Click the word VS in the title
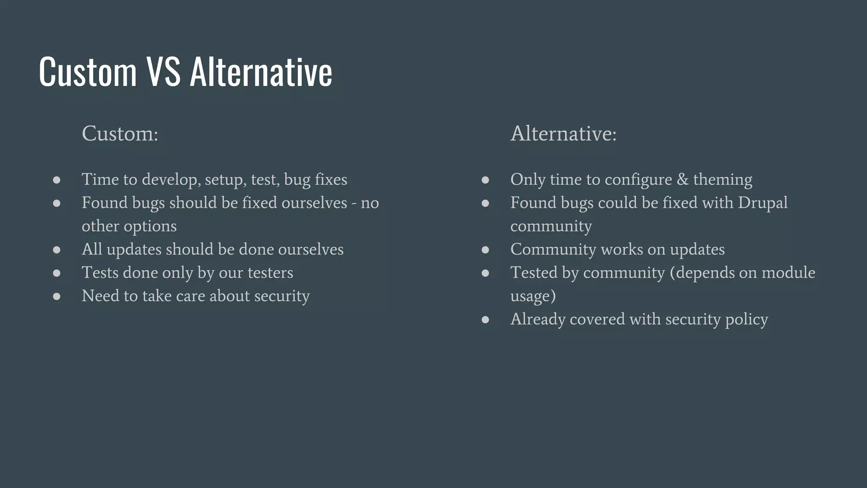click(x=163, y=72)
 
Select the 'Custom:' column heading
click(x=120, y=134)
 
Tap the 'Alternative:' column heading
click(x=563, y=134)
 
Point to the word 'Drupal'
click(x=762, y=203)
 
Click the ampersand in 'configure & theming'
click(x=682, y=180)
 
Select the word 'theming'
click(x=723, y=180)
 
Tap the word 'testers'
click(x=270, y=273)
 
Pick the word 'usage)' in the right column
click(x=533, y=296)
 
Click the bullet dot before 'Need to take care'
click(x=57, y=297)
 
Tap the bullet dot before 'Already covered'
click(x=485, y=320)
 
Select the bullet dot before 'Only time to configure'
click(x=485, y=180)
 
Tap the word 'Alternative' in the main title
click(x=261, y=72)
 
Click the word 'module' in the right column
click(x=788, y=273)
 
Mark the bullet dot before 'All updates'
click(x=57, y=250)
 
